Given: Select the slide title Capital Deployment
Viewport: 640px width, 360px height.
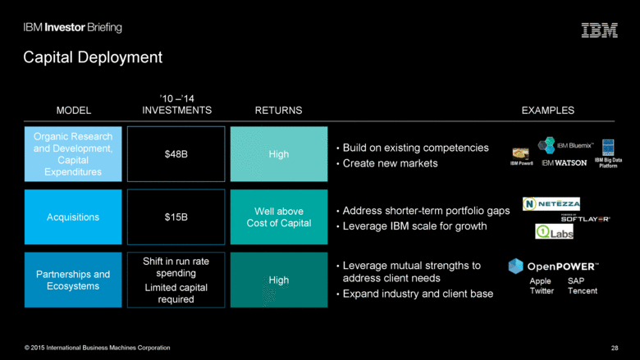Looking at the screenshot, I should (x=93, y=57).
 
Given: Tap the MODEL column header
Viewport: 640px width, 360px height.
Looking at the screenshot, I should (x=73, y=110).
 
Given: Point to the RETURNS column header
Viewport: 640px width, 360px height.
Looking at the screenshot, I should (x=278, y=110).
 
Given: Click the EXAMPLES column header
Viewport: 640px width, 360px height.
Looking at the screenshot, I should (x=547, y=110).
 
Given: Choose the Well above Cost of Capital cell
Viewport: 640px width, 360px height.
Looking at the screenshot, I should (x=278, y=217).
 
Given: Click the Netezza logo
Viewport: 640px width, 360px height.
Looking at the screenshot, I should (x=552, y=203).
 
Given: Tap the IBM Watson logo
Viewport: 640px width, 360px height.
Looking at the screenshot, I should (x=565, y=163).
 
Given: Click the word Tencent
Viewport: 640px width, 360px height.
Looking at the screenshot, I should (x=582, y=291).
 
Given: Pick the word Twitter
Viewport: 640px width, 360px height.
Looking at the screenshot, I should (x=542, y=291).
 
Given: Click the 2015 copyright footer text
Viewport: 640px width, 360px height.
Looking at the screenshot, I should (x=97, y=348).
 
